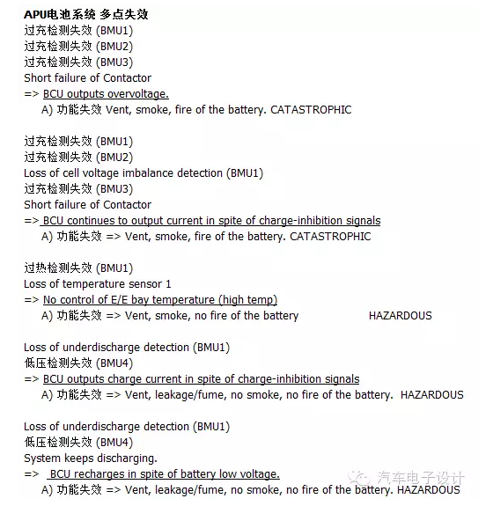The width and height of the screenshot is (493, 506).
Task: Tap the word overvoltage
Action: point(140,94)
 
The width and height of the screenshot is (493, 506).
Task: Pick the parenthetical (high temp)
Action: point(249,300)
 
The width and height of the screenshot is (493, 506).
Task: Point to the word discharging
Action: point(129,458)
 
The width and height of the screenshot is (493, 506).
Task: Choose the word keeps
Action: point(81,458)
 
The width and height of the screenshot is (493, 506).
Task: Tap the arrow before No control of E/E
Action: point(32,300)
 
